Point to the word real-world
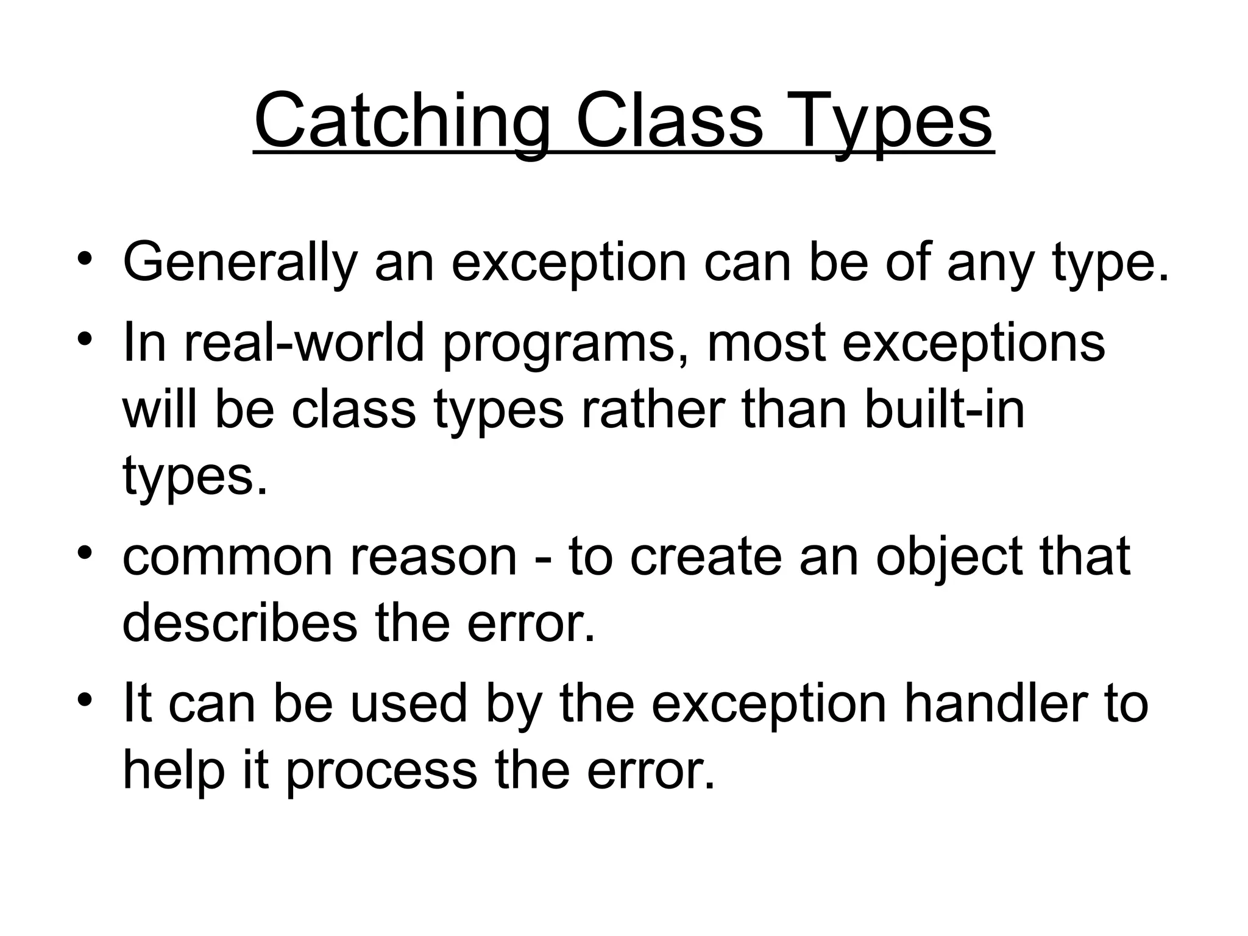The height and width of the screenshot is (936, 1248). [303, 342]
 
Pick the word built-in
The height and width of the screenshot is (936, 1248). [944, 409]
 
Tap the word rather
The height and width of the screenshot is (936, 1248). [653, 409]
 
